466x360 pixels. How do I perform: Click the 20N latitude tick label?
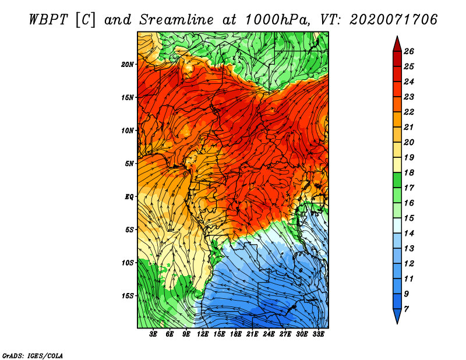click(127, 65)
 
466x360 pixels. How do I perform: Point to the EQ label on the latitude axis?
click(129, 197)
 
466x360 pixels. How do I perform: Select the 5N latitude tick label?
click(129, 164)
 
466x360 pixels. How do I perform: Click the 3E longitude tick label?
click(153, 334)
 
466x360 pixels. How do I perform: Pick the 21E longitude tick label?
click(252, 334)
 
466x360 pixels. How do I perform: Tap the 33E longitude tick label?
click(318, 334)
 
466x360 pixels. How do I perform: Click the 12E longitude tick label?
click(202, 334)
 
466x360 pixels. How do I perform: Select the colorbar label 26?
click(409, 51)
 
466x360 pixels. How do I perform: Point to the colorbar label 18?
click(409, 172)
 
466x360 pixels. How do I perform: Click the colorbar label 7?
click(406, 309)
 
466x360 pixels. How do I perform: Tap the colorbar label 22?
click(409, 112)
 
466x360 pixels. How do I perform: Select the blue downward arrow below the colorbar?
click(397, 316)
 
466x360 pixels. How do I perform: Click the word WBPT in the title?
click(48, 20)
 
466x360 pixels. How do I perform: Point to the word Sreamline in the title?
click(176, 20)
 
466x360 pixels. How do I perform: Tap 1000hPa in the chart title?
click(278, 20)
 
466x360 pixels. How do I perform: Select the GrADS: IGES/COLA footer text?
click(33, 356)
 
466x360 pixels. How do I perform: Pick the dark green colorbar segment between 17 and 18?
click(397, 180)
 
